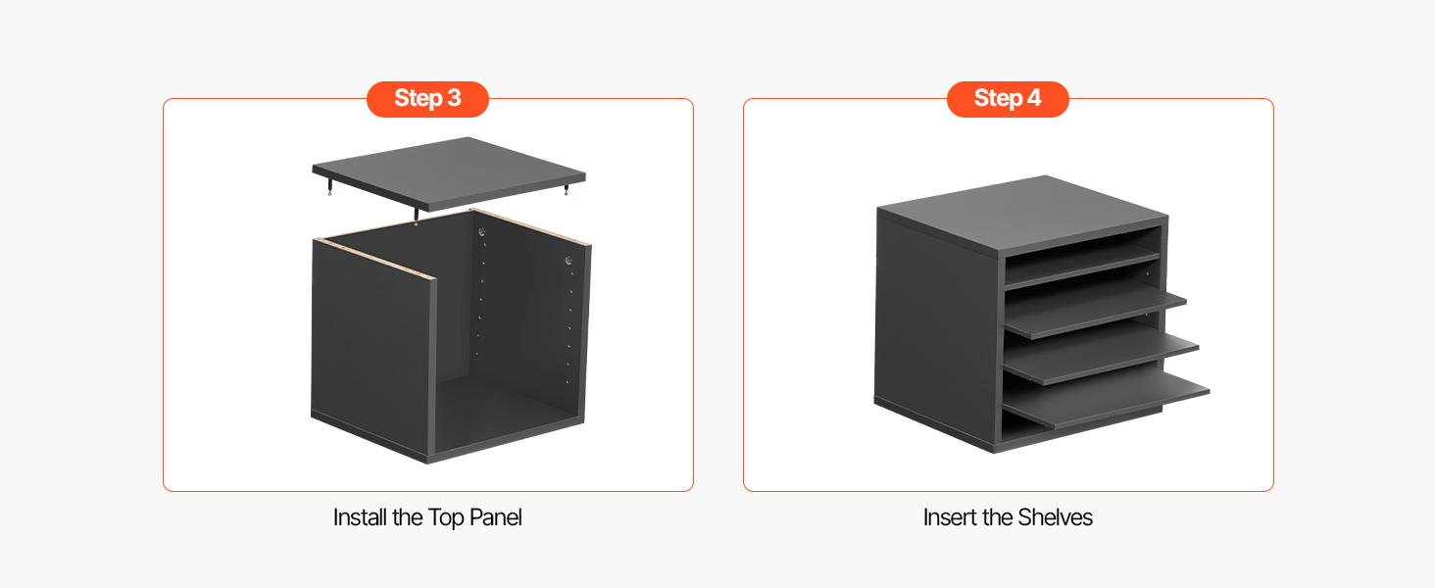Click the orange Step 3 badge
coord(427,99)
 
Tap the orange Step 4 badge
coord(1008,99)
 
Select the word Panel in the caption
coord(495,517)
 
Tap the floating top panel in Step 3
coord(449,172)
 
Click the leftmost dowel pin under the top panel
coord(330,188)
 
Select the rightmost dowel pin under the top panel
coord(566,190)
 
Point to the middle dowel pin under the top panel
coord(417,217)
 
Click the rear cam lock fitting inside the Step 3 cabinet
coord(481,232)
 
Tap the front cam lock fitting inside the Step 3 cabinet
coord(569,261)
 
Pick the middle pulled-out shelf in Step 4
coord(1101,359)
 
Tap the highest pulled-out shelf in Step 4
coord(1096,314)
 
